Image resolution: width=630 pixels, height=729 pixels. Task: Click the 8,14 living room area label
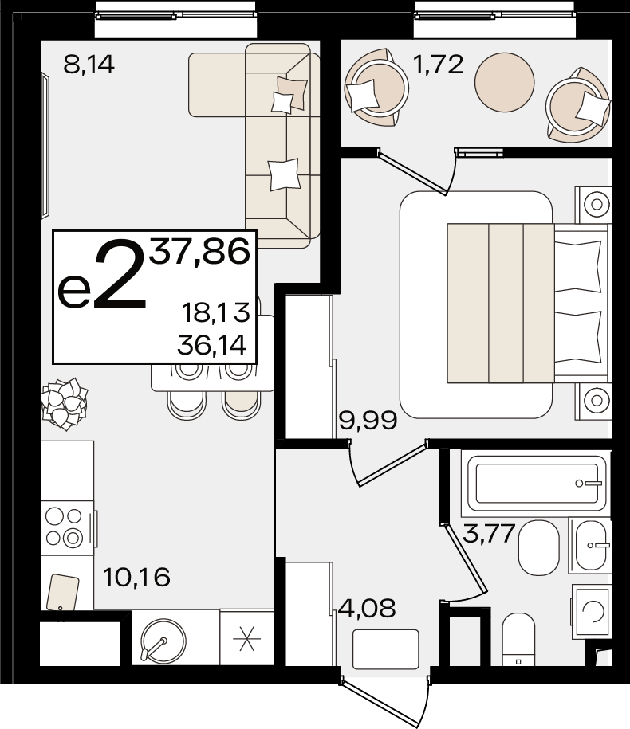coord(89,65)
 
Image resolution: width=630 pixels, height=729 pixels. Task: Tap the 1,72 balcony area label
coord(439,65)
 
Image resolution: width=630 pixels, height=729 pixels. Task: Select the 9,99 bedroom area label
coord(368,421)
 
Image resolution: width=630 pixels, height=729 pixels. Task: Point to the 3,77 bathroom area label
coord(489,533)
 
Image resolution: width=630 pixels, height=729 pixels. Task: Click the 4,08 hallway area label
coord(367,608)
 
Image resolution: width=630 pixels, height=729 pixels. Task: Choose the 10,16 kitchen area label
coord(136,578)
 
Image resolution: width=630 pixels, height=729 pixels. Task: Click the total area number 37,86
coord(199,253)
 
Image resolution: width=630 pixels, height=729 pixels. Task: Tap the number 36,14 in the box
coord(212,346)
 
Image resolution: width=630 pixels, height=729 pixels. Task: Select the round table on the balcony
coord(504,82)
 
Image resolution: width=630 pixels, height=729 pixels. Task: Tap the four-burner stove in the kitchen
coord(67,528)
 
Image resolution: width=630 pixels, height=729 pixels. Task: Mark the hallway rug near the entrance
coord(386,649)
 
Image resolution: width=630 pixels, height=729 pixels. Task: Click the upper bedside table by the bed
coord(593,205)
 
